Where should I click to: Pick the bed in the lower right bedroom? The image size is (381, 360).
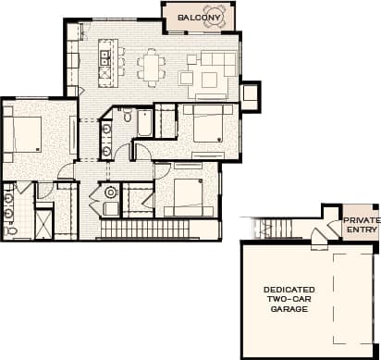[188, 195]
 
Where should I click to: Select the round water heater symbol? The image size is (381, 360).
[111, 192]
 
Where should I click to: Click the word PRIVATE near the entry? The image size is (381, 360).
[360, 220]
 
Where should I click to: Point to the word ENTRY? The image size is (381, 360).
[359, 231]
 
